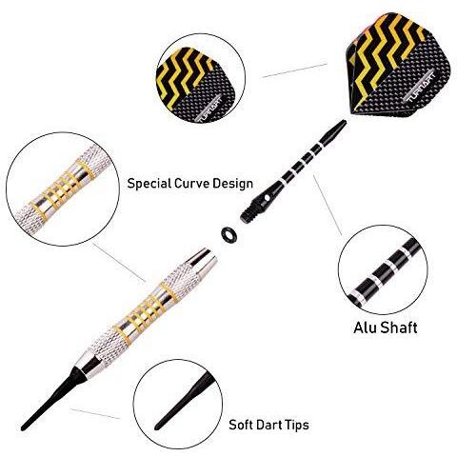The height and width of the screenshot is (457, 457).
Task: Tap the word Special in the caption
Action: (151, 184)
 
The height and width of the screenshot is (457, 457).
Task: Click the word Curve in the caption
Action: (193, 184)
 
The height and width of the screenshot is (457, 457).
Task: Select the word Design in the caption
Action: (232, 184)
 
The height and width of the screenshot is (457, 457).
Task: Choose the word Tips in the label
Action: (295, 425)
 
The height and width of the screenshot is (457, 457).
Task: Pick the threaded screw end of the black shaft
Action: (248, 213)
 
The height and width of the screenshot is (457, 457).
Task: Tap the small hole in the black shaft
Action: (267, 198)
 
